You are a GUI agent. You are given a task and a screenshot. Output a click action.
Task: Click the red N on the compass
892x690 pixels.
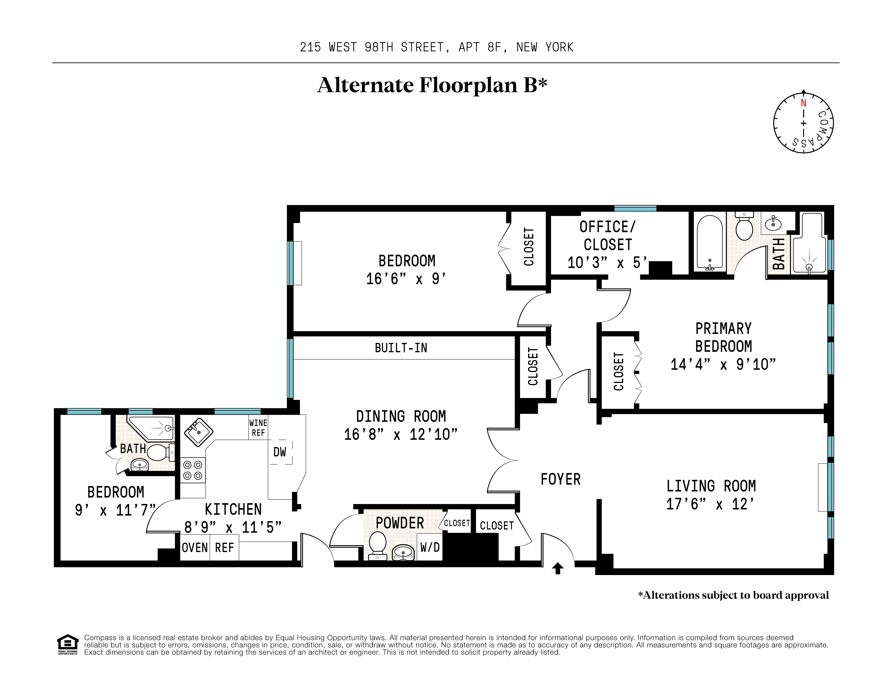click(803, 103)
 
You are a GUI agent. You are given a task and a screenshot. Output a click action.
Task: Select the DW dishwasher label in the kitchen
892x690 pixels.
click(280, 452)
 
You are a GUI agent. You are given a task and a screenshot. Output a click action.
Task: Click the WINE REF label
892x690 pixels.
click(258, 427)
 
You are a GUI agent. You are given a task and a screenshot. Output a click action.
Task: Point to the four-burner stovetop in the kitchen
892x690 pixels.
click(193, 470)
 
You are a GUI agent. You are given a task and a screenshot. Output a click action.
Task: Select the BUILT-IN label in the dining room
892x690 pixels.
click(401, 348)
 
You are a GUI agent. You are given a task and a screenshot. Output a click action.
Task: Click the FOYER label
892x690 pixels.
click(560, 479)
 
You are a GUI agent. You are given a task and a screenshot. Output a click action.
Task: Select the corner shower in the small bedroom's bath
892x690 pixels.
click(151, 427)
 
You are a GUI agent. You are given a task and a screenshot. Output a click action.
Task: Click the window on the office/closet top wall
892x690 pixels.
click(635, 208)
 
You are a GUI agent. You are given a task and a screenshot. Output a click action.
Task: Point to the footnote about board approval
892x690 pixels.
click(733, 595)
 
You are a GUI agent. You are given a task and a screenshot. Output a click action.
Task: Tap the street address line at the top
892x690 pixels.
click(436, 47)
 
